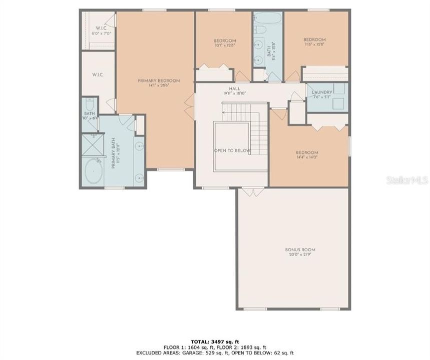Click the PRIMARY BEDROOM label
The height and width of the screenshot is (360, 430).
tap(159, 80)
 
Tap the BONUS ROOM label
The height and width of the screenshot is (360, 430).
tap(300, 249)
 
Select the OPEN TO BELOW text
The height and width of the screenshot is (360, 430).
tap(232, 150)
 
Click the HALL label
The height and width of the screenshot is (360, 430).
tap(234, 88)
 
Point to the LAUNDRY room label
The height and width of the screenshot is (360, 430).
tap(322, 92)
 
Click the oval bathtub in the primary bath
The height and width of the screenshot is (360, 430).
tap(94, 172)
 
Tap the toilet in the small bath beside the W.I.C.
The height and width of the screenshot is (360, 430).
tap(89, 104)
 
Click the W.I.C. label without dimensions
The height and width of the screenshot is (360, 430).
tap(98, 74)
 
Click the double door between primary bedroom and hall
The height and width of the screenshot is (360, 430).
tap(189, 105)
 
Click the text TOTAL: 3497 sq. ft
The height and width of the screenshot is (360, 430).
tap(215, 341)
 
